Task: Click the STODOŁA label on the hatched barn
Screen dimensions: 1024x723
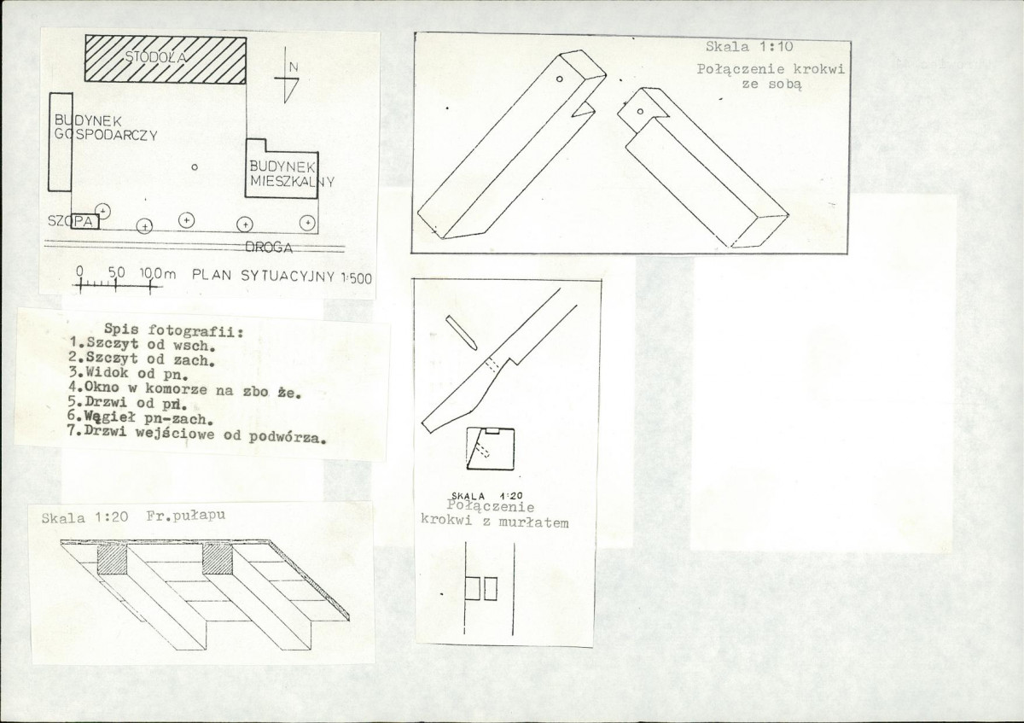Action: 156,57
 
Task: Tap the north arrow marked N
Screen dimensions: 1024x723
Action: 286,75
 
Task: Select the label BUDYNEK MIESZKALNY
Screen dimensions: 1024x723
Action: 292,174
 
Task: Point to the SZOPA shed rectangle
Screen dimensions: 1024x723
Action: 84,222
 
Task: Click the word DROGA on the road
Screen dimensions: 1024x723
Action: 269,248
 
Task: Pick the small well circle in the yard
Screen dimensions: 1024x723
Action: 195,167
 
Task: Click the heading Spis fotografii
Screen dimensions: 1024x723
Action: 174,329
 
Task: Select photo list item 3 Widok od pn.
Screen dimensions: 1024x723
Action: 129,373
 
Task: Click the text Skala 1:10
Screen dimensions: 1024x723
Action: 749,47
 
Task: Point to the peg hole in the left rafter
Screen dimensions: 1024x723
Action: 560,79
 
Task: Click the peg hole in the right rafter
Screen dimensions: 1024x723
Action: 640,112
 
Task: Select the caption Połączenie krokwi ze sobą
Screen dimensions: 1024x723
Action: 771,77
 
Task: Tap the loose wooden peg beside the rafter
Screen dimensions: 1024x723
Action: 462,333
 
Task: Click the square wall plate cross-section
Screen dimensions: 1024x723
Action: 490,449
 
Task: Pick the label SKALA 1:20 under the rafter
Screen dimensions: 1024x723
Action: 487,496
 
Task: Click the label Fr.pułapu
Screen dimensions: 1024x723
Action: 186,516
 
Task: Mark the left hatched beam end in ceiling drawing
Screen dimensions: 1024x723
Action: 112,559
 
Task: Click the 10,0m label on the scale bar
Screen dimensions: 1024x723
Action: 158,274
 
